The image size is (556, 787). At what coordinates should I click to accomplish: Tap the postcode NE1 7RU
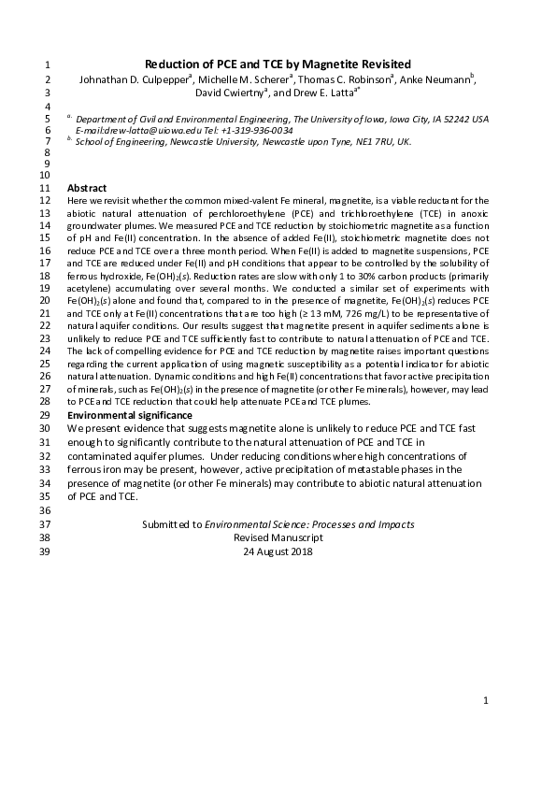(x=374, y=142)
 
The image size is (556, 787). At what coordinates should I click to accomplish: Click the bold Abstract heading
(x=87, y=188)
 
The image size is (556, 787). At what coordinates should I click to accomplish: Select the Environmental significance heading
(x=130, y=414)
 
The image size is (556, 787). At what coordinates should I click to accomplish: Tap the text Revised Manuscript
(x=278, y=538)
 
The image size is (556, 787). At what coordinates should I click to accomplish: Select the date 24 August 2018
(x=278, y=551)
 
